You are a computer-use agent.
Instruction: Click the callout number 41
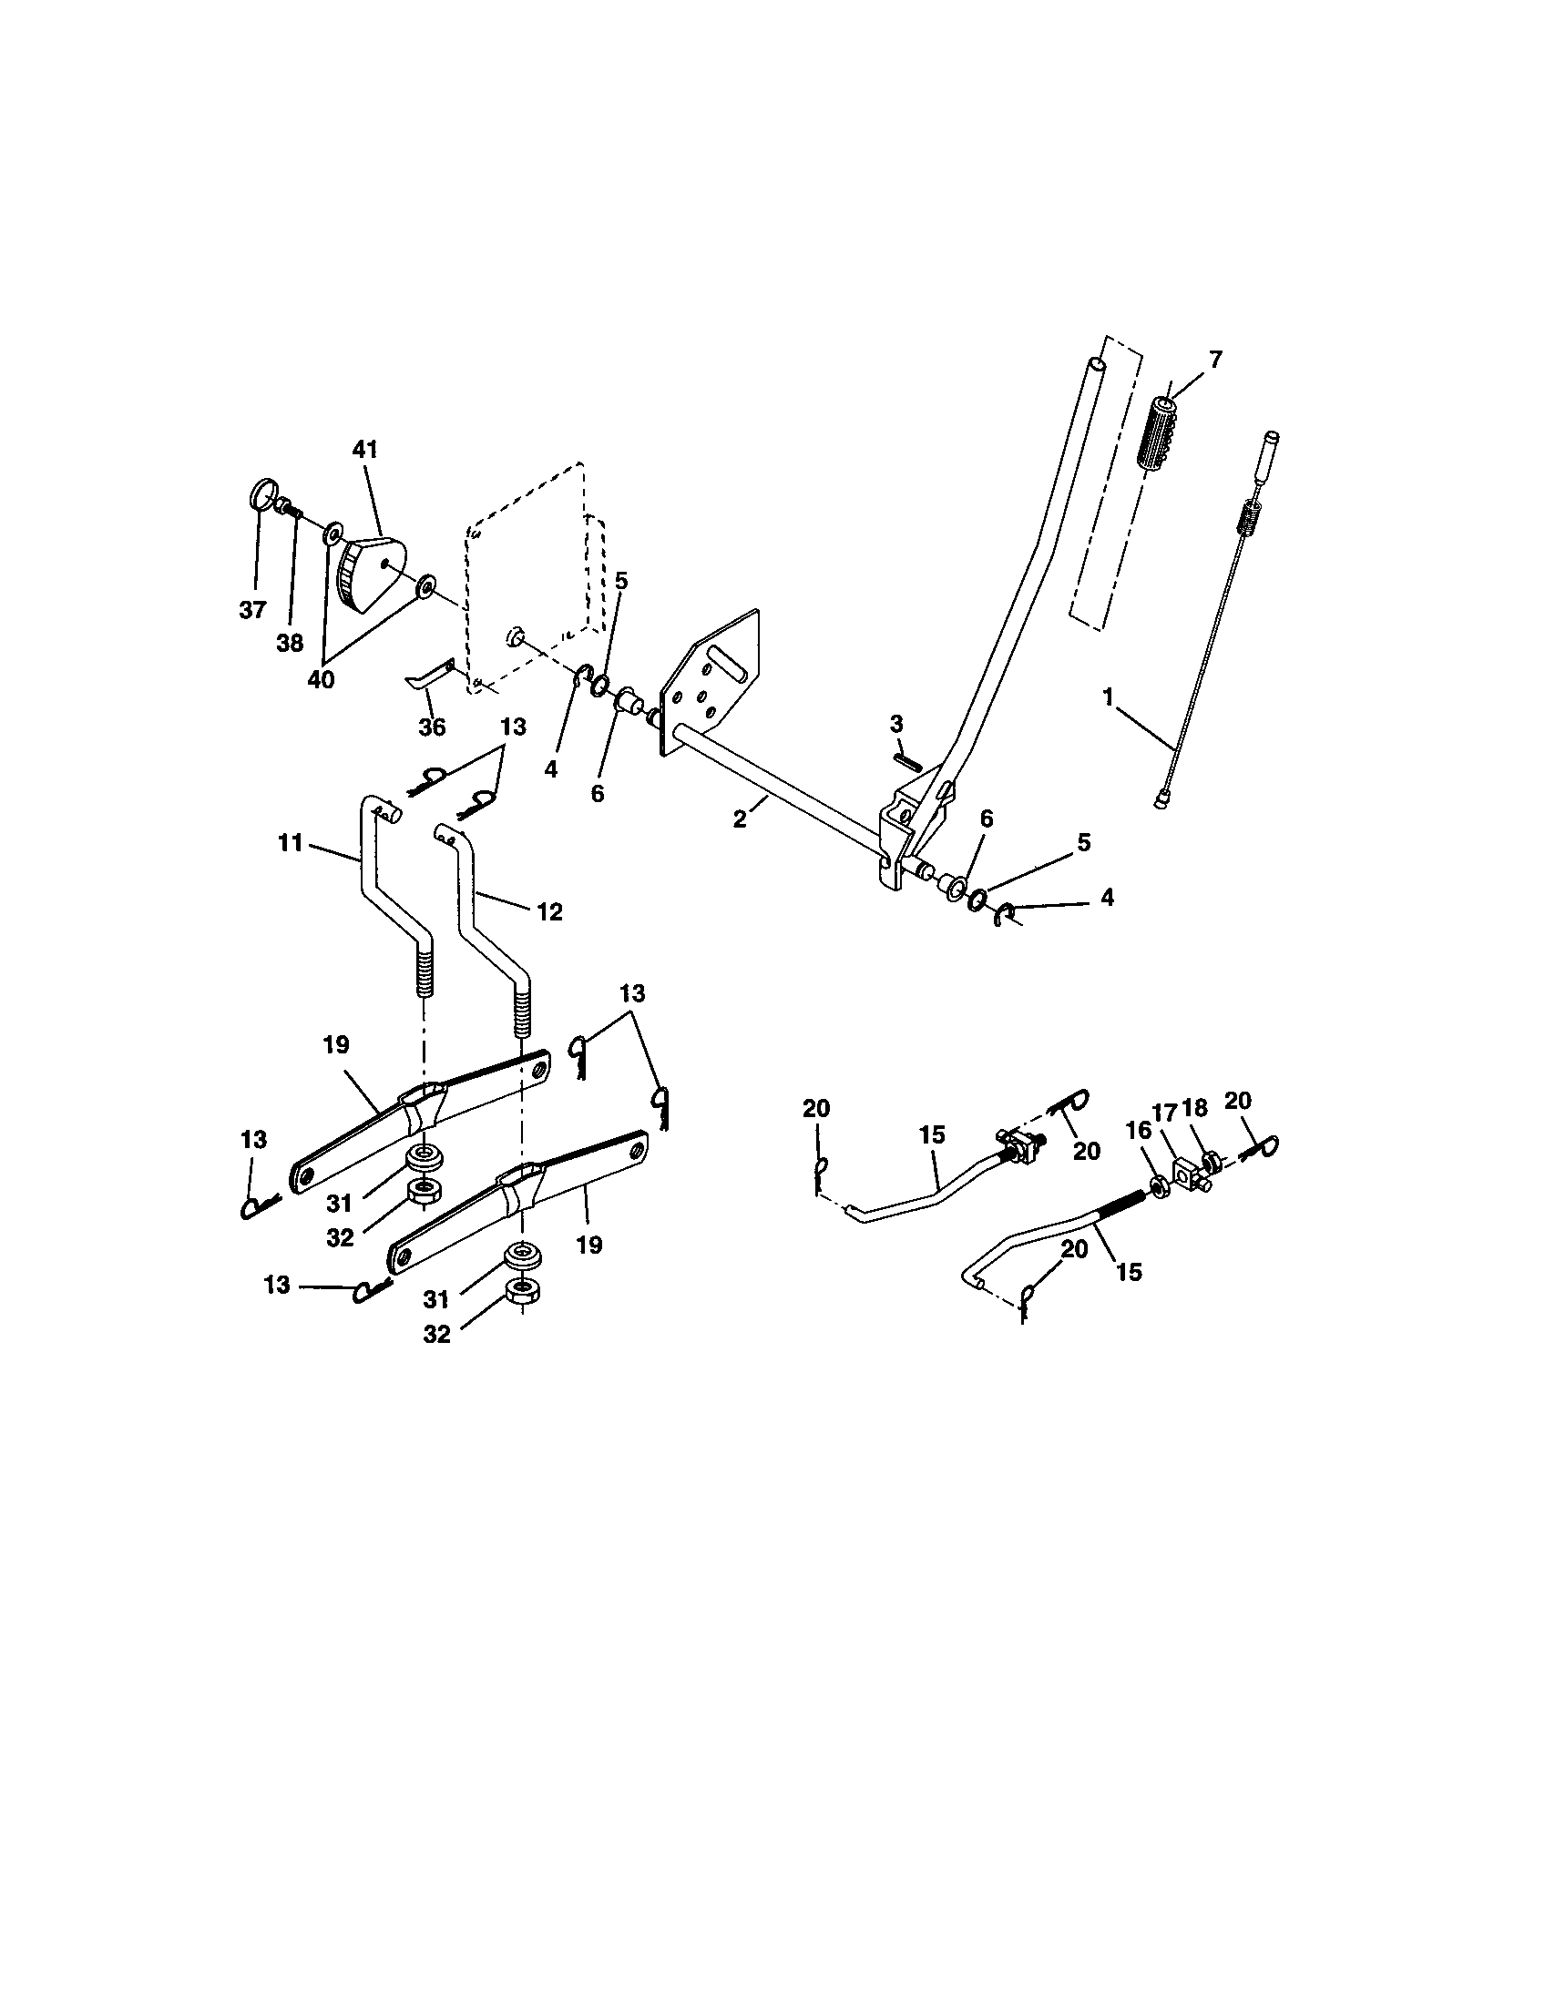[364, 450]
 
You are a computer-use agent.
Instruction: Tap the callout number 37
[252, 610]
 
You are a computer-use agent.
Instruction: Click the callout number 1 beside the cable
[1108, 698]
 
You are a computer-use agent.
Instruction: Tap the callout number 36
[431, 727]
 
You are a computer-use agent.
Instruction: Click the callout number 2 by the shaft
[740, 820]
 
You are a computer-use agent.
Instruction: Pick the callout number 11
[290, 843]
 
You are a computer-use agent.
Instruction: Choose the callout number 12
[548, 911]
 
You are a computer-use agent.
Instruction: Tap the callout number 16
[1138, 1131]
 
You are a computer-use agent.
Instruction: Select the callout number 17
[1164, 1113]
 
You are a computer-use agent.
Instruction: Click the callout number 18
[1194, 1108]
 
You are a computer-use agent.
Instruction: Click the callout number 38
[290, 643]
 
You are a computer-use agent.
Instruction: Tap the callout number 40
[321, 680]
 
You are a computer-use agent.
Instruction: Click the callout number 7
[1214, 361]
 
